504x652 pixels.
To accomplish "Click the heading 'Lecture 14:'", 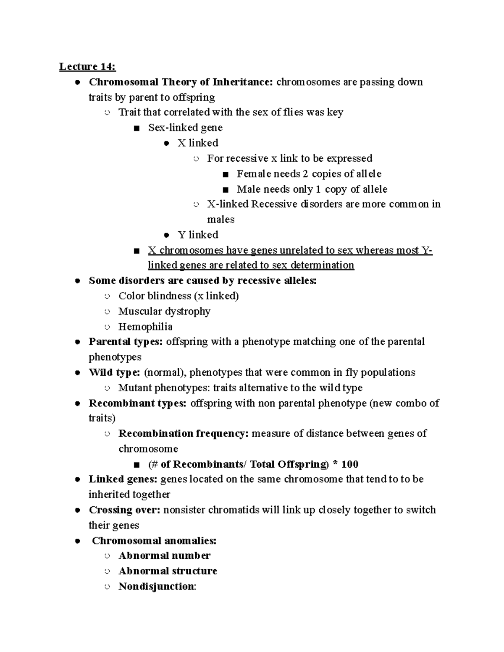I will pos(87,66).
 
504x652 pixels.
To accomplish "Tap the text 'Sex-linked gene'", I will pos(185,128).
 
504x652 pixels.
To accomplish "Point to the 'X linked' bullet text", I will pos(198,143).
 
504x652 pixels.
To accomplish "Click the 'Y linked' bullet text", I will pos(198,235).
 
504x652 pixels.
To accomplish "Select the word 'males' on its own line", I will pos(220,220).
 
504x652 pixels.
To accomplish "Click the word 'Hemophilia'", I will pos(145,327).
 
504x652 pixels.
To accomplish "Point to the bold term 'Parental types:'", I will pos(125,342).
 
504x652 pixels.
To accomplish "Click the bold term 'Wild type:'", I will pos(114,372).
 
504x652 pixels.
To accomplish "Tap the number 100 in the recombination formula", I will pos(350,464).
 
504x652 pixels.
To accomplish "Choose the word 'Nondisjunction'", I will pos(156,587).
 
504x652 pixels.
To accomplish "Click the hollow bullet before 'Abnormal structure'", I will pos(108,571).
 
